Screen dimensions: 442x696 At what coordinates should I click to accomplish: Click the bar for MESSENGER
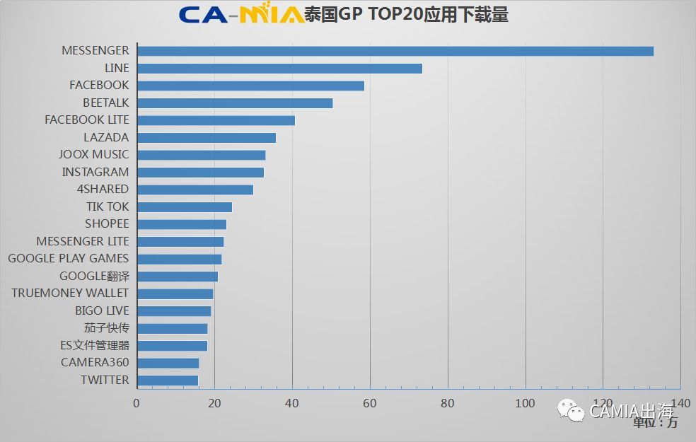395,51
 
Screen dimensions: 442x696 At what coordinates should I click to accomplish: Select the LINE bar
279,69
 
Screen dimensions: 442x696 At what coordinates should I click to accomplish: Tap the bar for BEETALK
235,103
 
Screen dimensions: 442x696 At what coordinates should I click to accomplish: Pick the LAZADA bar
207,138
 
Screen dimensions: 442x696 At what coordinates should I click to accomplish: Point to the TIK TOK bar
185,207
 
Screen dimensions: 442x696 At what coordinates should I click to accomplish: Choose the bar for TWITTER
168,380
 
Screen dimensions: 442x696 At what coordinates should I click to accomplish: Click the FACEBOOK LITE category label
87,120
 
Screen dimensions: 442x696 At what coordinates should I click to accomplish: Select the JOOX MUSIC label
94,154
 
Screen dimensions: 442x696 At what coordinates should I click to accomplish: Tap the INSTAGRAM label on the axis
95,172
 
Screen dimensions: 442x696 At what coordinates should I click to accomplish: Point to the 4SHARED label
103,189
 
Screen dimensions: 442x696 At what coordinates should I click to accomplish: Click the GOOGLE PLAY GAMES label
69,258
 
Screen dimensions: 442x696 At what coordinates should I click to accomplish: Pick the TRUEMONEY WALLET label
70,293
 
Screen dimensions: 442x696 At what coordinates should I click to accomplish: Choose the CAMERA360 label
95,362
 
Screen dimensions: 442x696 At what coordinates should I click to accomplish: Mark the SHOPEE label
108,223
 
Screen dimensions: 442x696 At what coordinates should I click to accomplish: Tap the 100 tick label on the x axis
525,403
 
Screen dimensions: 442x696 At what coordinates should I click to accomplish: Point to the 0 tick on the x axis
137,403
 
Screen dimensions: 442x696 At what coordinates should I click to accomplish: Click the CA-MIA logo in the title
241,14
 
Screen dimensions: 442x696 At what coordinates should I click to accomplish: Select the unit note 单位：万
655,423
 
